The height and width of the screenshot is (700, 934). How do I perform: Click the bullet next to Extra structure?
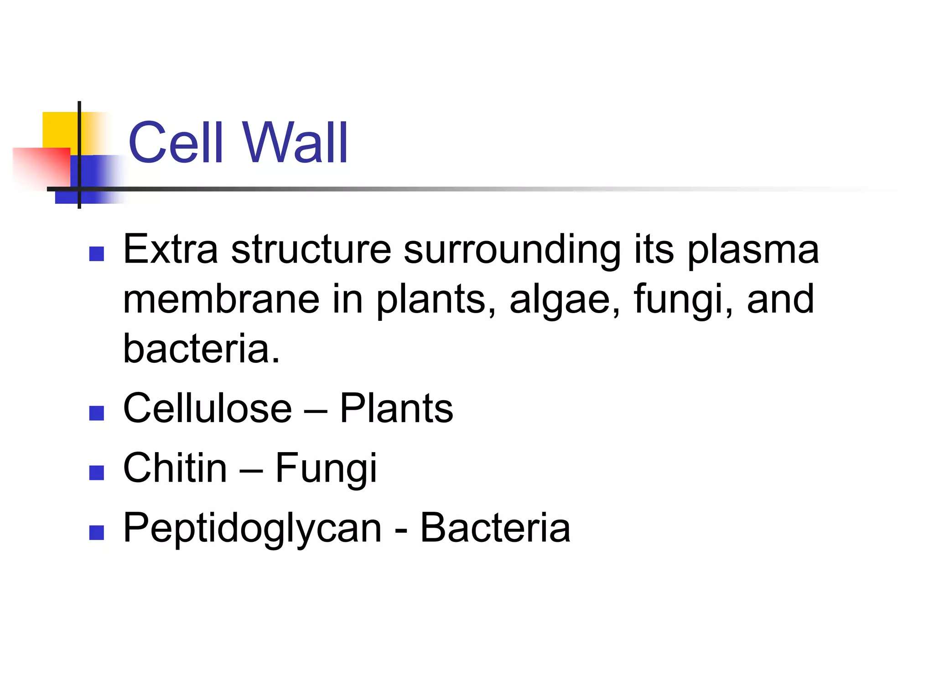coord(97,254)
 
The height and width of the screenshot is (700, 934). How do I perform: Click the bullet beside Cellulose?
coord(97,413)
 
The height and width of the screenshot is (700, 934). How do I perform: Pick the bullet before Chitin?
coord(97,473)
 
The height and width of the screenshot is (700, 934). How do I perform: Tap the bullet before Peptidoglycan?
coord(97,532)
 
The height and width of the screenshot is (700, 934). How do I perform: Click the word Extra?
coord(171,250)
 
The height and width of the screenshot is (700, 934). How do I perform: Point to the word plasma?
coord(753,250)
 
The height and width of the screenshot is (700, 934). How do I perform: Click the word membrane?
coord(221,299)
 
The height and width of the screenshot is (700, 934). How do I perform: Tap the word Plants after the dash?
coord(396,408)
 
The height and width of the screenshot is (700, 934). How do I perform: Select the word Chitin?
coord(175,468)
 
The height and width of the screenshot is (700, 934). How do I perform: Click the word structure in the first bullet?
coord(311,250)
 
